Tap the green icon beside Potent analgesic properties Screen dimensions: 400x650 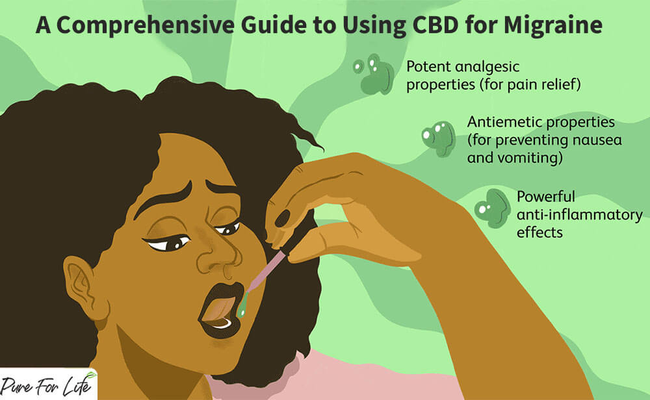click(x=372, y=75)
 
